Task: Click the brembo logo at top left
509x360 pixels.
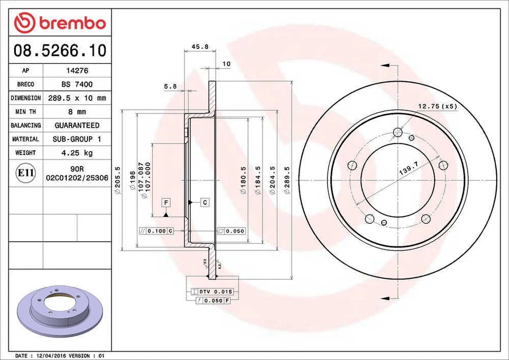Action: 60,23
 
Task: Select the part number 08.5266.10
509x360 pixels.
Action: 60,51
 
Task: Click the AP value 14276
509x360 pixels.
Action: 77,71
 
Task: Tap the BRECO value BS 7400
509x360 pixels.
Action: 77,84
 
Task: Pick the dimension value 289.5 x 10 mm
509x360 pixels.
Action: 77,98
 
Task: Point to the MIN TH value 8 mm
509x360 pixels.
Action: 77,112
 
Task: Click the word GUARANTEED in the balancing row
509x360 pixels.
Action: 77,126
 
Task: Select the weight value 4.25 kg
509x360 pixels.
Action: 77,153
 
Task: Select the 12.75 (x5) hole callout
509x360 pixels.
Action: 437,106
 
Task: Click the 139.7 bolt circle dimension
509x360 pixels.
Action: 408,171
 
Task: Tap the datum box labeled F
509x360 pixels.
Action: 166,203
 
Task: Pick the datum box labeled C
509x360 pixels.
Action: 205,203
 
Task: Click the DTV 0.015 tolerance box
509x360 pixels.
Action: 215,292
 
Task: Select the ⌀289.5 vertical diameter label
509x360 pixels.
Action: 287,180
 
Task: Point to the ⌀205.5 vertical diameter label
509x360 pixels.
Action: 118,180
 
